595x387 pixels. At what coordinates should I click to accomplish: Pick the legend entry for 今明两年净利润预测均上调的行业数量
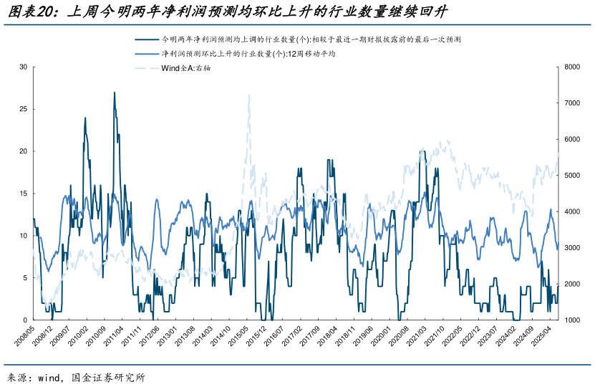pyautogui.click(x=301, y=39)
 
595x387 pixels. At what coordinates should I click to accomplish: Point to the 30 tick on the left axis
pyautogui.click(x=23, y=67)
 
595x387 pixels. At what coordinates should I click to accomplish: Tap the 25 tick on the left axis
pyautogui.click(x=23, y=109)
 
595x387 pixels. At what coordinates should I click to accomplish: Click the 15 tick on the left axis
pyautogui.click(x=23, y=193)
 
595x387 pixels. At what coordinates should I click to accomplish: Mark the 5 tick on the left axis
pyautogui.click(x=25, y=278)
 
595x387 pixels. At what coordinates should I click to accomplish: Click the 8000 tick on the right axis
pyautogui.click(x=571, y=67)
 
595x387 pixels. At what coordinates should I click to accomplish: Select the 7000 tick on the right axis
pyautogui.click(x=571, y=103)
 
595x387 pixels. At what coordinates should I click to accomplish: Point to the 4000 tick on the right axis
pyautogui.click(x=571, y=211)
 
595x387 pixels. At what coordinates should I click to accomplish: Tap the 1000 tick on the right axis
pyautogui.click(x=571, y=320)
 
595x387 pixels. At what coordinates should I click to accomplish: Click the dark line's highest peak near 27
pyautogui.click(x=114, y=92)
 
